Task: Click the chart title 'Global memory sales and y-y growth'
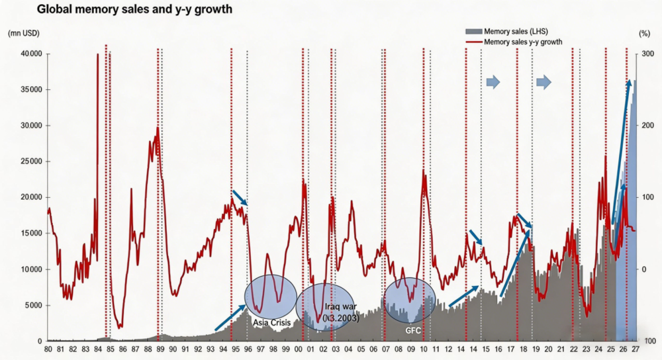[x=134, y=9]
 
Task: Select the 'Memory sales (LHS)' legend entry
[x=506, y=31]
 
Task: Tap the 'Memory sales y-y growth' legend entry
[x=514, y=42]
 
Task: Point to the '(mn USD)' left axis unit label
[x=24, y=33]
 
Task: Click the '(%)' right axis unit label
[x=644, y=33]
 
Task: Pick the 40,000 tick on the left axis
[x=31, y=54]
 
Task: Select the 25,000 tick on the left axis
[x=31, y=161]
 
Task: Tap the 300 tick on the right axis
[x=647, y=54]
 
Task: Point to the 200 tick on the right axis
[x=647, y=125]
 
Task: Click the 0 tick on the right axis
[x=644, y=269]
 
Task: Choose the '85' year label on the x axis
[x=110, y=349]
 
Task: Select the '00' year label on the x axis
[x=298, y=349]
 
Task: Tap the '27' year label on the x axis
[x=636, y=349]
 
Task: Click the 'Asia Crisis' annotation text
[x=272, y=323]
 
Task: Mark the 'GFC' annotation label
[x=413, y=330]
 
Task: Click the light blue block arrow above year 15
[x=493, y=82]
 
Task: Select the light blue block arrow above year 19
[x=544, y=82]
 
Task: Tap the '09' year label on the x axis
[x=411, y=349]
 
